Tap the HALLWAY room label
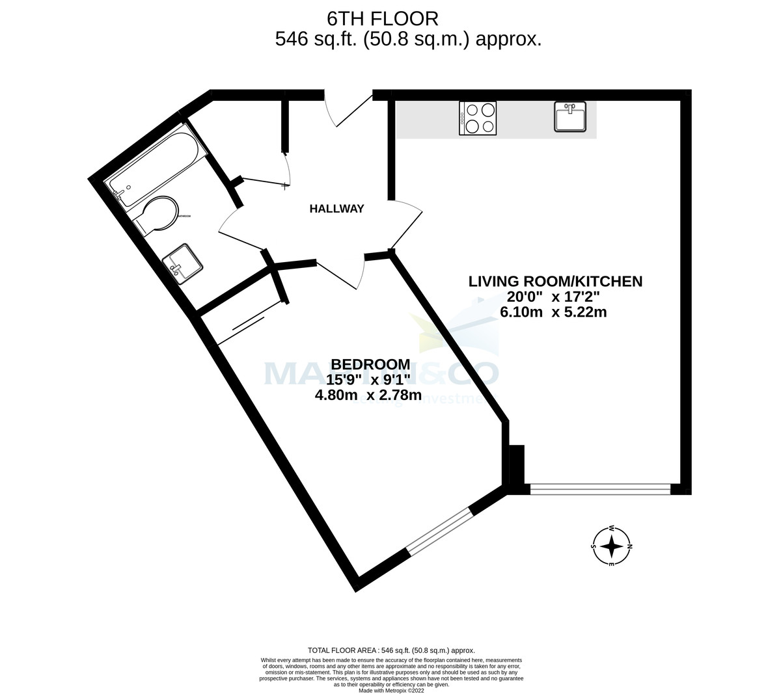click(336, 209)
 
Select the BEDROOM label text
click(370, 364)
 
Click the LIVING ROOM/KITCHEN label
click(555, 281)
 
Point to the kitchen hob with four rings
click(478, 118)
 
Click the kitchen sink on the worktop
click(570, 117)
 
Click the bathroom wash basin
click(182, 263)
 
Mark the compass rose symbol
click(611, 546)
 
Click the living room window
click(600, 489)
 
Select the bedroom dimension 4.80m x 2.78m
click(368, 395)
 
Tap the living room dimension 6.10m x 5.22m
click(553, 312)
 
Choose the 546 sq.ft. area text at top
click(408, 39)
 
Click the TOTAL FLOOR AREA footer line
click(390, 650)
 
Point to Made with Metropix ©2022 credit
click(390, 691)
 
